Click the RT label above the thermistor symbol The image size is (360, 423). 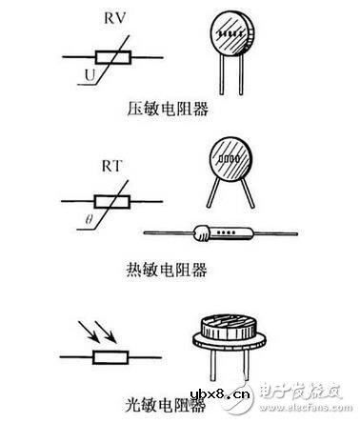coord(115,169)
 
